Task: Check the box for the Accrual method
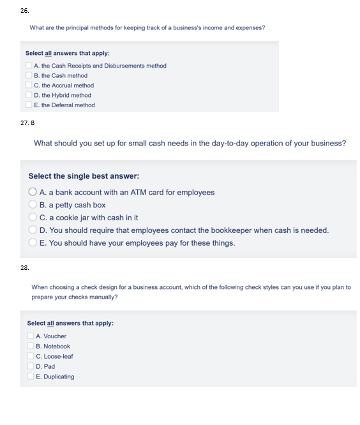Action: click(29, 86)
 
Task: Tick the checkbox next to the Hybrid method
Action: click(29, 95)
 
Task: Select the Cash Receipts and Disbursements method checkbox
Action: click(29, 66)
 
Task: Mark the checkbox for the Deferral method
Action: click(29, 105)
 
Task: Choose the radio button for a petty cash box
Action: click(33, 205)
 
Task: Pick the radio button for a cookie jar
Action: click(33, 218)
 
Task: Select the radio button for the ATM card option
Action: click(33, 192)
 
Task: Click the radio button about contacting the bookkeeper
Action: click(33, 230)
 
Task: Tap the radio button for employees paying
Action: click(33, 243)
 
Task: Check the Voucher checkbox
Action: click(31, 336)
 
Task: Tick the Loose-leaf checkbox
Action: click(31, 356)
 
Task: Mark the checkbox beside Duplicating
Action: click(31, 377)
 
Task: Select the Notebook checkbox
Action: click(31, 346)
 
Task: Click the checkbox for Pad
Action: click(31, 366)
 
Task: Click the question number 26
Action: click(24, 11)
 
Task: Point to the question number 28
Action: click(24, 269)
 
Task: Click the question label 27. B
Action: click(27, 122)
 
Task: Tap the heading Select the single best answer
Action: click(84, 176)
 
